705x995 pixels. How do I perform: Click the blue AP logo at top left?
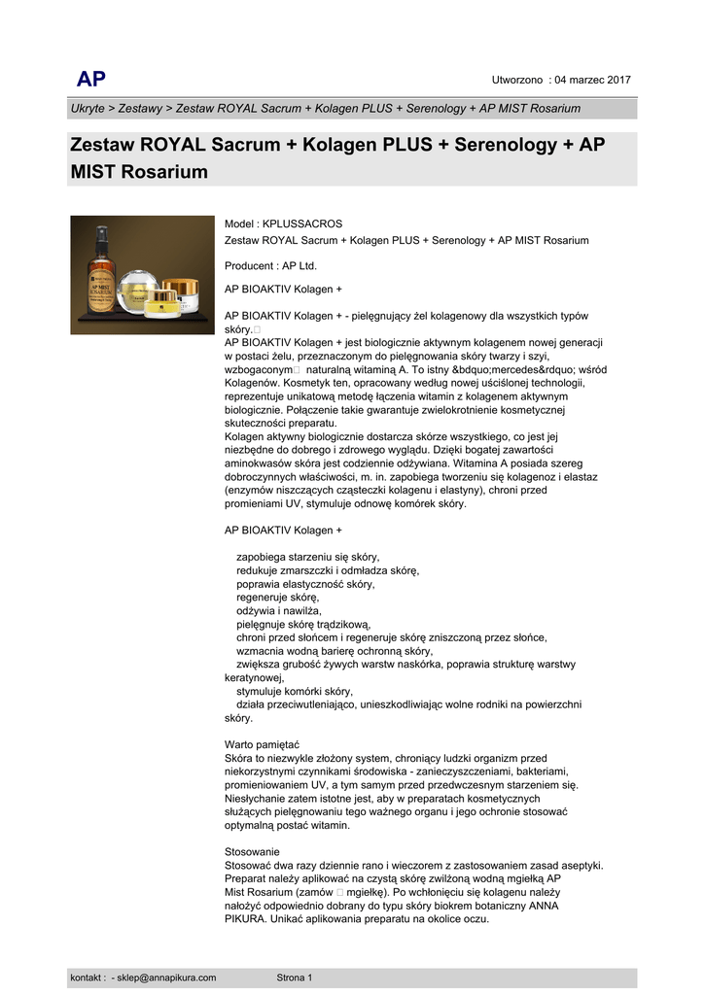[x=91, y=80]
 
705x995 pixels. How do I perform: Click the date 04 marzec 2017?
[x=593, y=80]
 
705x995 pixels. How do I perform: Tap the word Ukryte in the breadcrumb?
[x=88, y=109]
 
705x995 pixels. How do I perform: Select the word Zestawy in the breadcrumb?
[x=141, y=109]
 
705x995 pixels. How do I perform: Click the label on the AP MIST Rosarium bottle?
[x=101, y=287]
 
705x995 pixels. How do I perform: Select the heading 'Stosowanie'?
[x=251, y=852]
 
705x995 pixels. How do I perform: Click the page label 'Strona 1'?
[x=295, y=978]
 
